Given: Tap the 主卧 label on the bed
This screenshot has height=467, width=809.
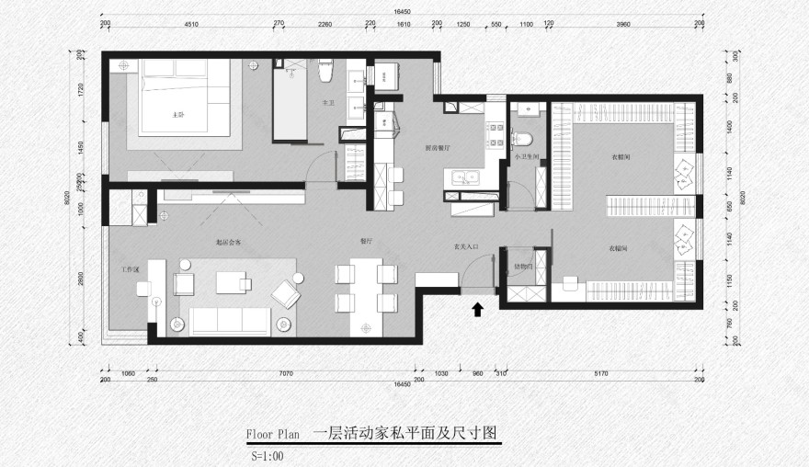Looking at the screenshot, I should [179, 115].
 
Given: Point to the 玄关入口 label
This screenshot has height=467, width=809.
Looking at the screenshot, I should [467, 247].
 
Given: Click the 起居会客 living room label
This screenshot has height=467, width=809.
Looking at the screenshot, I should [228, 243].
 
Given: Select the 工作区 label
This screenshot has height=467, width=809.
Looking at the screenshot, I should [130, 270].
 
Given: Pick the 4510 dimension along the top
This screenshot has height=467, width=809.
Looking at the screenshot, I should [191, 26].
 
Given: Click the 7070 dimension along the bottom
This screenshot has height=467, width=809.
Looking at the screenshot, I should [286, 373].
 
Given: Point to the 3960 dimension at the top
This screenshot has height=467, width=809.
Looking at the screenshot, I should [623, 26].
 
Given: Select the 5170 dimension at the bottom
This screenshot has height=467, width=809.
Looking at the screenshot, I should [601, 373].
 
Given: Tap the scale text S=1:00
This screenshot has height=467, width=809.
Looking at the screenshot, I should [268, 455].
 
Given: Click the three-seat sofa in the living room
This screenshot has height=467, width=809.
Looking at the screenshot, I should [229, 320].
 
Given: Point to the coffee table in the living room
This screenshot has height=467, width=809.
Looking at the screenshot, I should [234, 282].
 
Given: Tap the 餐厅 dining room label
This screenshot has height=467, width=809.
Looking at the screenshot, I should [367, 240].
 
